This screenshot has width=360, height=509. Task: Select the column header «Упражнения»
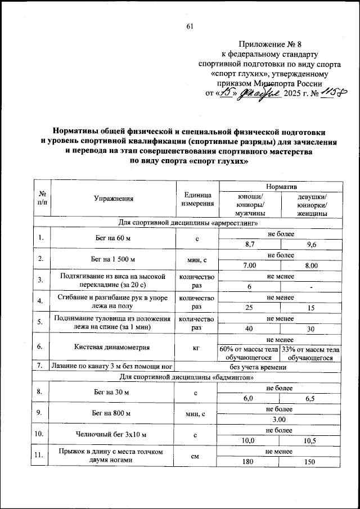coord(114,198)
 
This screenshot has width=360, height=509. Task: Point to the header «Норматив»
coord(281,186)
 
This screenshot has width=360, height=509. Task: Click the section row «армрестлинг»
coord(188,223)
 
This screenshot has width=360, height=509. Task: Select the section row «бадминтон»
coord(188,376)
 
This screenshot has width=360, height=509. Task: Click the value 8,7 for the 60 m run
coord(249,245)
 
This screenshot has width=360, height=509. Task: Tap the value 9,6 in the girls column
coord(312,245)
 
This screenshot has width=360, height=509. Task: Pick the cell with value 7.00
coord(249,265)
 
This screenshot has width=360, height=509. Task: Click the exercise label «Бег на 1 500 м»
coord(114,260)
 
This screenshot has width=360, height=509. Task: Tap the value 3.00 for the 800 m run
coord(281,420)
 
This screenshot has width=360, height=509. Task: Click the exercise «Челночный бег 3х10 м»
coord(114,435)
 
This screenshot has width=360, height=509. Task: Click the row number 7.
coord(40,367)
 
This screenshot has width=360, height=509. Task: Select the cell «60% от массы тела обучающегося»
coord(249,353)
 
